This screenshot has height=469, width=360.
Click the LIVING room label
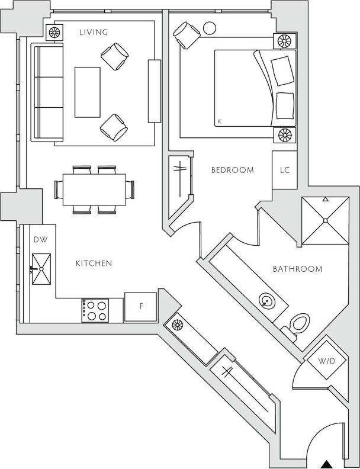(x=94, y=33)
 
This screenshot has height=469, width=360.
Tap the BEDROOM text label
(x=233, y=170)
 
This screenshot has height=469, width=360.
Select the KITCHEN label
(x=94, y=263)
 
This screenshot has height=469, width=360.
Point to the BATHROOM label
(x=297, y=269)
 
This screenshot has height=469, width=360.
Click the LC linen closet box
(x=284, y=170)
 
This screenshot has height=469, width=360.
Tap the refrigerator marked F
(x=140, y=307)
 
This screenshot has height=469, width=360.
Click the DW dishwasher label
(x=40, y=240)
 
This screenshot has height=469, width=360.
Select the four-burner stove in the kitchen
(x=95, y=310)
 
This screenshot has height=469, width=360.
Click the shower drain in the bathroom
(x=324, y=221)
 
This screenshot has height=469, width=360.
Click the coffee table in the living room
(x=88, y=92)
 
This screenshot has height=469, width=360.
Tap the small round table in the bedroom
(x=210, y=27)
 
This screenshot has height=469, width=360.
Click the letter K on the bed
(x=220, y=122)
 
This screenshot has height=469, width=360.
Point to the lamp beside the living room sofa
(x=55, y=32)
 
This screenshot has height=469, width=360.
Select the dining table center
(x=94, y=189)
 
